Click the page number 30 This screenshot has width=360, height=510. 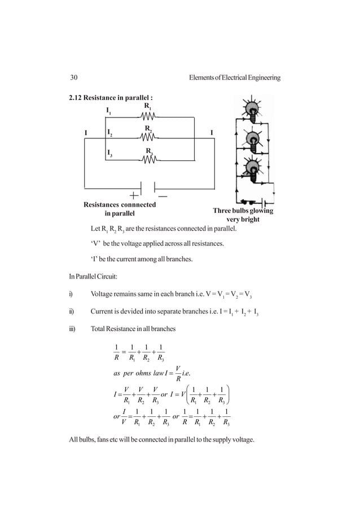[x=73, y=77]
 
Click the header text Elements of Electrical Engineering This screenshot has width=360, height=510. [x=236, y=77]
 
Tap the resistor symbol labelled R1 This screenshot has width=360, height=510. [x=148, y=117]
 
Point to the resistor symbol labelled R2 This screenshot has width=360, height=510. [x=148, y=137]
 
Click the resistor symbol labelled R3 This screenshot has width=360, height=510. [x=148, y=159]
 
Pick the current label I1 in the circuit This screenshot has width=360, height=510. [x=109, y=111]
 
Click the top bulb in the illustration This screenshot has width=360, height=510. [x=249, y=110]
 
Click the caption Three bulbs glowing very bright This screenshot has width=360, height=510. [x=243, y=215]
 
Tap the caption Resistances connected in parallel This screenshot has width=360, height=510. [x=120, y=209]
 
